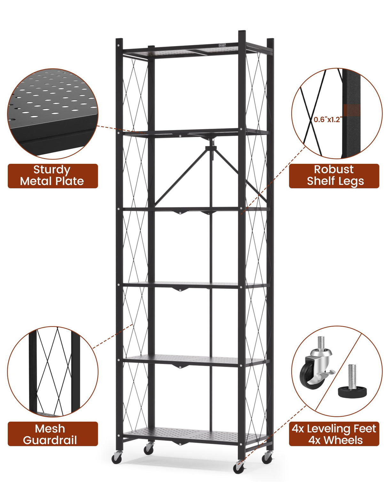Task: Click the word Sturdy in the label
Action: coord(52,170)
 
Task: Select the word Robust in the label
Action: coord(334,169)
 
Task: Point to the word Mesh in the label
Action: coord(50,429)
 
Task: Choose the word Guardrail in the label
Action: coord(50,440)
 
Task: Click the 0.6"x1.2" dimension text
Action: coord(328,120)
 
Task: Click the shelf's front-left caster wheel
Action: coord(116,459)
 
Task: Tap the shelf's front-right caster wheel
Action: coord(238,468)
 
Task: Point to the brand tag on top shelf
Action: coord(222,45)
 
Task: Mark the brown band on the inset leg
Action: coord(352,110)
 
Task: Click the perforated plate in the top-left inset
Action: coord(51,102)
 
